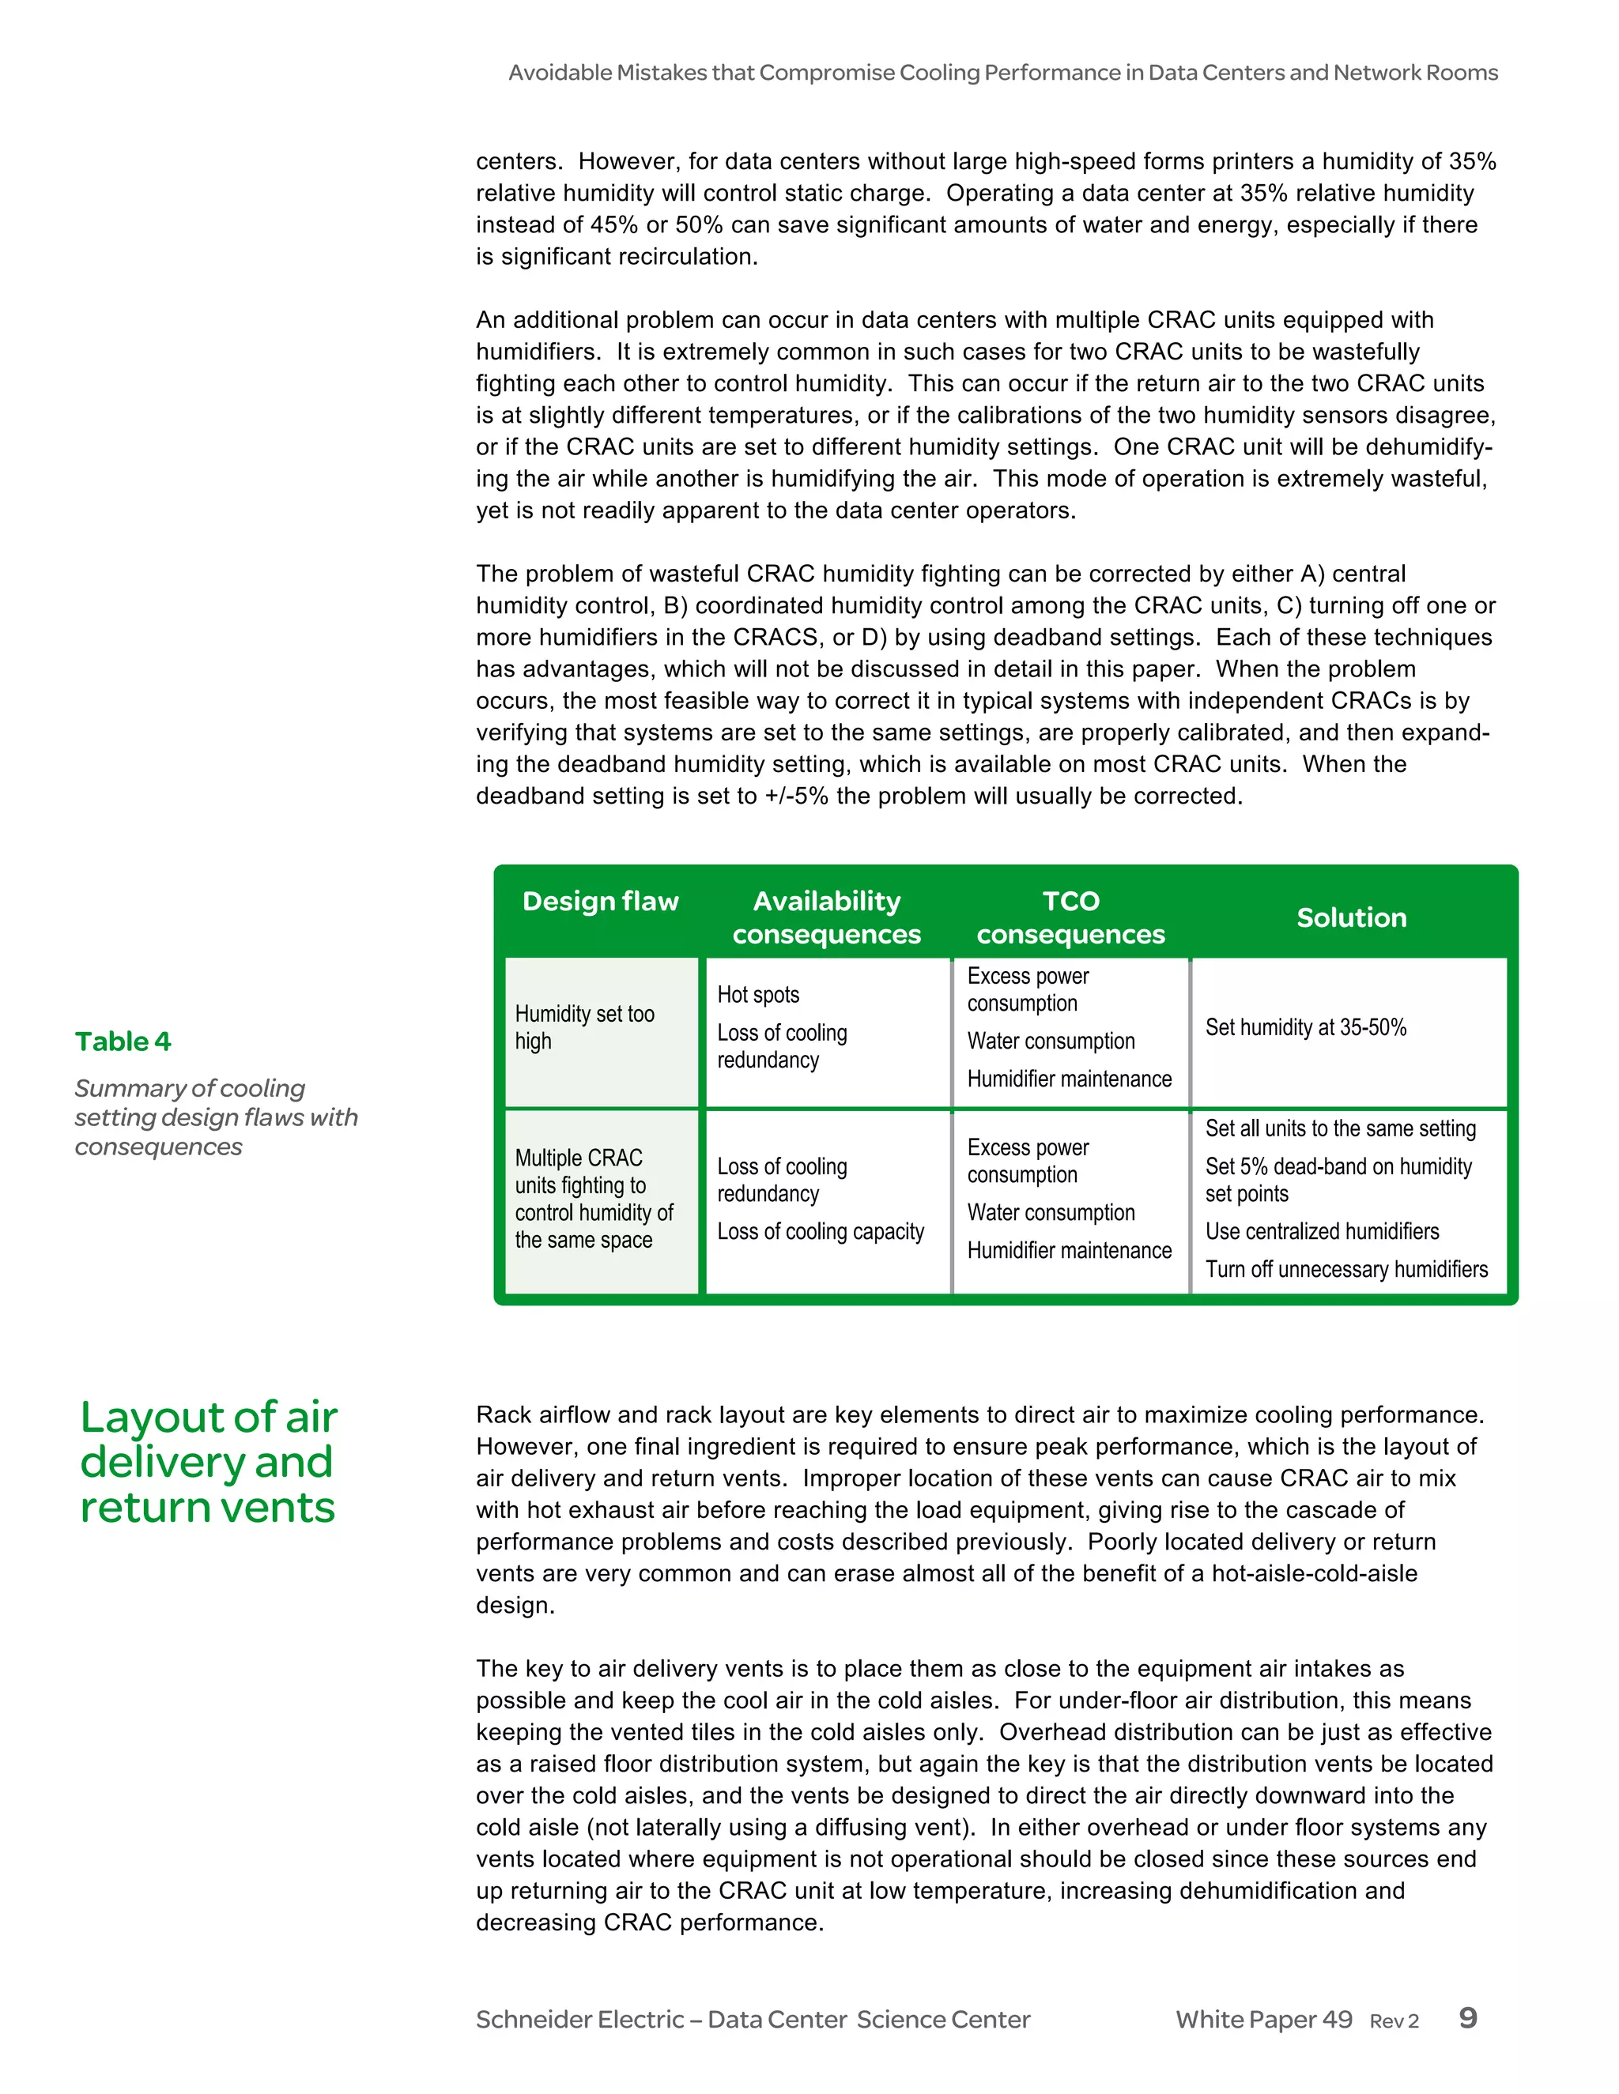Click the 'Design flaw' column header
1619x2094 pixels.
pyautogui.click(x=601, y=902)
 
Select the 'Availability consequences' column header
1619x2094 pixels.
pyautogui.click(x=827, y=917)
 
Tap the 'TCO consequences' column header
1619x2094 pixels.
pyautogui.click(x=1070, y=917)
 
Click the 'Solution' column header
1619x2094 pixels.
pyautogui.click(x=1351, y=917)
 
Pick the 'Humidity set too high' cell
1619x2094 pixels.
pyautogui.click(x=585, y=1027)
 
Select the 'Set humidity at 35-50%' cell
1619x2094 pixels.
pyautogui.click(x=1305, y=1027)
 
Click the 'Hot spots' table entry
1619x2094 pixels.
pyautogui.click(x=757, y=994)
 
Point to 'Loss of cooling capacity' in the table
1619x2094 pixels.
pyautogui.click(x=820, y=1231)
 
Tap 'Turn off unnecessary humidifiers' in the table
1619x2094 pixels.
pyautogui.click(x=1345, y=1270)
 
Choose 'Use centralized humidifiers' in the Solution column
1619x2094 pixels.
pyautogui.click(x=1322, y=1231)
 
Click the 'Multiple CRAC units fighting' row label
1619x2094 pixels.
pyautogui.click(x=594, y=1199)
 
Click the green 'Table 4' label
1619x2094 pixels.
pyautogui.click(x=123, y=1041)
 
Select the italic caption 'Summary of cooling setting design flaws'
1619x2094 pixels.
pyautogui.click(x=216, y=1117)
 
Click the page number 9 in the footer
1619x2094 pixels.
pyautogui.click(x=1467, y=2017)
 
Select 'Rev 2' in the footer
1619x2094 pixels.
pyautogui.click(x=1394, y=2021)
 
